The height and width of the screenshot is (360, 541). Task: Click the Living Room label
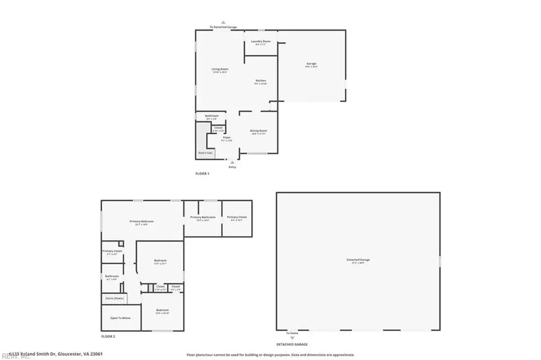[219, 69]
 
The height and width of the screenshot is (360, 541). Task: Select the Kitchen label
[260, 81]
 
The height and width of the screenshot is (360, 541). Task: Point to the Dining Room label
[259, 130]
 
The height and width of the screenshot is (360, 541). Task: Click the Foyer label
[227, 138]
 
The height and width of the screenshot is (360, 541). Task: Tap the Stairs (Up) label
[206, 153]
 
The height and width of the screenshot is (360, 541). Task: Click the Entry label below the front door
[233, 166]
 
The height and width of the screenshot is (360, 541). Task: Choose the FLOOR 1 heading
[202, 174]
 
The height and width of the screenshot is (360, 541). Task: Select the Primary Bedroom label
[142, 222]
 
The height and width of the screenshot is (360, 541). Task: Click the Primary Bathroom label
[203, 217]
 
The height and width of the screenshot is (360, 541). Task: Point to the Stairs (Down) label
[115, 298]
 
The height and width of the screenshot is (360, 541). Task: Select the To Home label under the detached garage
[292, 333]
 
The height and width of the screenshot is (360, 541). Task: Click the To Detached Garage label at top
[224, 27]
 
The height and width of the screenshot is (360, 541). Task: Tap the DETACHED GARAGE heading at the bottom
[292, 344]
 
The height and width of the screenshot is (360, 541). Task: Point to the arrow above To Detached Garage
[224, 22]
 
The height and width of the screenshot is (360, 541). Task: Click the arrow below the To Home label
[293, 338]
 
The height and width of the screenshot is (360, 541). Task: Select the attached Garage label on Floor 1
[311, 64]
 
